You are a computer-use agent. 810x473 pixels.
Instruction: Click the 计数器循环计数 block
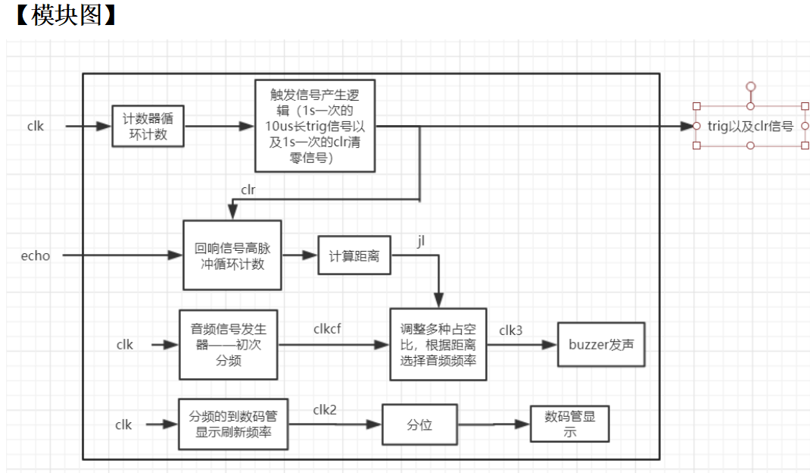148,126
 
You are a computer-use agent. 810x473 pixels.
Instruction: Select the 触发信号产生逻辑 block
314,125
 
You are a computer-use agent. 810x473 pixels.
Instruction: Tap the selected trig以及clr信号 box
749,126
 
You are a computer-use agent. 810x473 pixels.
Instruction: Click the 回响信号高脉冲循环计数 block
232,255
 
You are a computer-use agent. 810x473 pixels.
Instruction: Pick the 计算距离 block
354,256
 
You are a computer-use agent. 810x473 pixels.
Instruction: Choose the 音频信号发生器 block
229,344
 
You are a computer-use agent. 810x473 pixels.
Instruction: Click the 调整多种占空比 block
438,344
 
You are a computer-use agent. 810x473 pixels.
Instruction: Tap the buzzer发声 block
601,344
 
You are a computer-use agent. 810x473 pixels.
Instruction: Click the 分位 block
419,424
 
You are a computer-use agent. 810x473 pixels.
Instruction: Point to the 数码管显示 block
569,424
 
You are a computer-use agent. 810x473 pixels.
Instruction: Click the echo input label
36,255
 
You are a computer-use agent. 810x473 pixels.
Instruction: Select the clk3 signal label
510,330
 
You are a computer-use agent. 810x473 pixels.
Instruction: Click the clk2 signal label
325,409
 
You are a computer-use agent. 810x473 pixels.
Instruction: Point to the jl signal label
421,240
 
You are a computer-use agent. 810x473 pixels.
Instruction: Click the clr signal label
248,189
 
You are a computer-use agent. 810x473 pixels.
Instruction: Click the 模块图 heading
67,15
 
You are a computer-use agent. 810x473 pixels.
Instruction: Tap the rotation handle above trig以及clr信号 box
750,86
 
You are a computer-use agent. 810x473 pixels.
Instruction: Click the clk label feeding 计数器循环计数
36,126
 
